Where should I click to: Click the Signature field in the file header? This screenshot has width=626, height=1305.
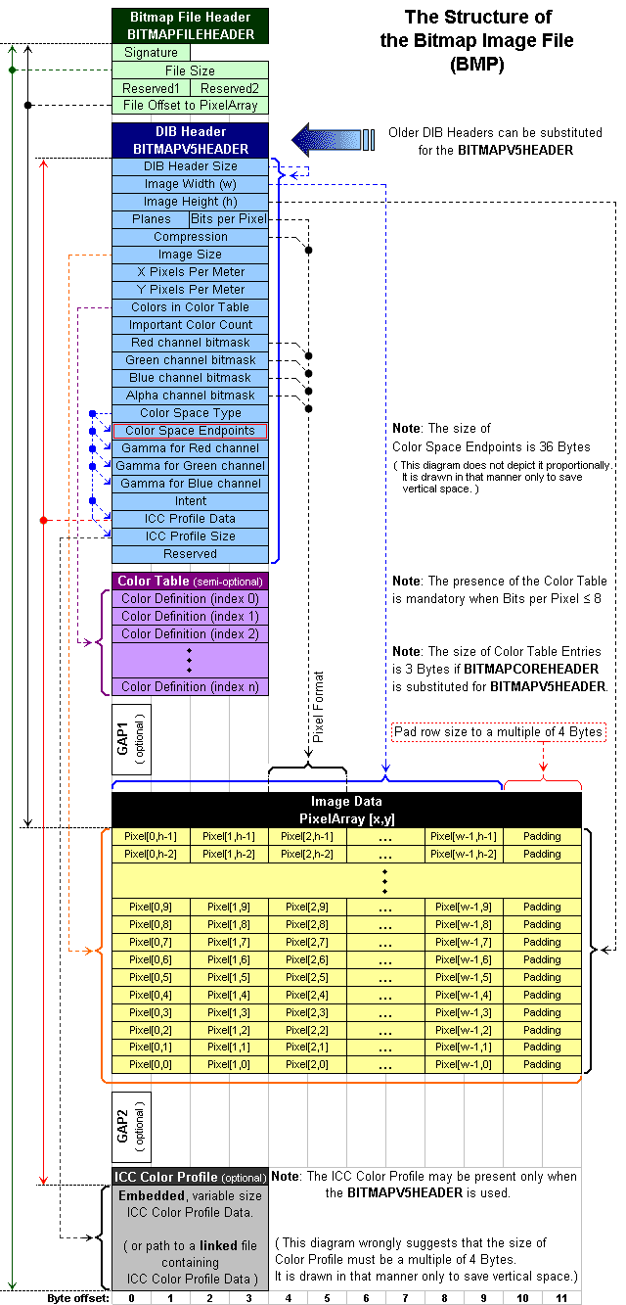click(x=152, y=53)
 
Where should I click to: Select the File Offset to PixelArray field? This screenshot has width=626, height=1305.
click(x=190, y=106)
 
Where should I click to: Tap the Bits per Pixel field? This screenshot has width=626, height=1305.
click(x=229, y=219)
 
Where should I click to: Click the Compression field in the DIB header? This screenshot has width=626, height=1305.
click(x=190, y=237)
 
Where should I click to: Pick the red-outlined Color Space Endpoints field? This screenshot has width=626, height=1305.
click(x=190, y=431)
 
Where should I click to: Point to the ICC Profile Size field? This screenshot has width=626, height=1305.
click(x=190, y=536)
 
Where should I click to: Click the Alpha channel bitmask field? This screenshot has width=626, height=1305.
click(x=190, y=396)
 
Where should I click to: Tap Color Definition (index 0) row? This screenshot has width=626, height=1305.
click(x=190, y=599)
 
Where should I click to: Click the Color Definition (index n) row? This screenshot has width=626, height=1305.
click(x=190, y=687)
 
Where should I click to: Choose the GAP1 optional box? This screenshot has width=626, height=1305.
click(x=131, y=739)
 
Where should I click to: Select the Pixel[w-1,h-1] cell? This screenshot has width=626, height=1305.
click(x=464, y=836)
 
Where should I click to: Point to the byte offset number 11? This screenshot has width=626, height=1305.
click(x=561, y=1298)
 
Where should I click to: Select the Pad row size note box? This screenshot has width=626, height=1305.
click(x=499, y=732)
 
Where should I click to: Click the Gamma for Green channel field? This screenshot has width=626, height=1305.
click(x=190, y=466)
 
